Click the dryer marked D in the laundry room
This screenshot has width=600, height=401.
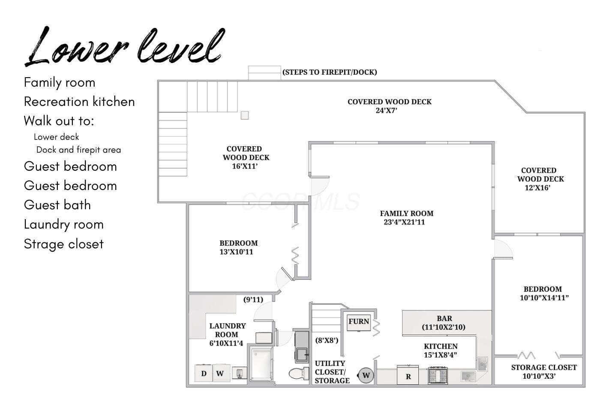coord(204,373)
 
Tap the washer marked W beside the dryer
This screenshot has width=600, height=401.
coord(221,373)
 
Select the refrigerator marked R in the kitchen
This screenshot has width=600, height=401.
coord(408,375)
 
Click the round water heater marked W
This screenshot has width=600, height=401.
coord(366,375)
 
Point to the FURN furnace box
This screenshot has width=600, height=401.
coord(359,323)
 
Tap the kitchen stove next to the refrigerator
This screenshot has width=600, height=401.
coord(438,376)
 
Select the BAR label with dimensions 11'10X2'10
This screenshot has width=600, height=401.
coord(444,323)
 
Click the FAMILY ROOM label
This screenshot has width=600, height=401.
coord(406,218)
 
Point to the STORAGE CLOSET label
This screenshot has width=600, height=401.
coord(544,371)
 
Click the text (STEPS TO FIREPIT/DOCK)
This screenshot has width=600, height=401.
coord(330,72)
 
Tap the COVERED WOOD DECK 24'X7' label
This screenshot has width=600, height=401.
coord(390,106)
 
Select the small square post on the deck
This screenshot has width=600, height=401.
coord(245,115)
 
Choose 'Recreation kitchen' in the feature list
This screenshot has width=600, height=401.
coord(79,102)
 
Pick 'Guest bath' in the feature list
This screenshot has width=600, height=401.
coord(57,205)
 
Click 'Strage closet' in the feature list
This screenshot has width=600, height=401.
coord(64,244)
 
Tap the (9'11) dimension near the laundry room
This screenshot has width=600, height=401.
coord(253,299)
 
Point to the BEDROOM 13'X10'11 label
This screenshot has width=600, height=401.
coord(238,247)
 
